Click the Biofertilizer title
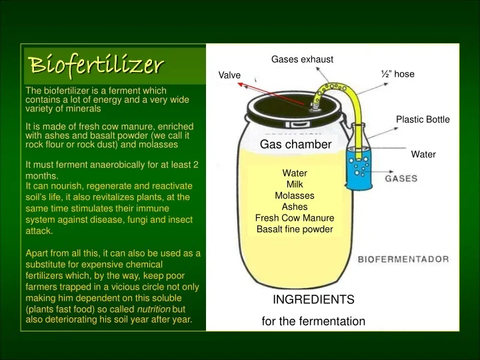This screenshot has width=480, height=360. coord(97,65)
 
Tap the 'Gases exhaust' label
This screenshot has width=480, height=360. coord(302,59)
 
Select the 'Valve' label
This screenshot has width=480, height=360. coord(230,75)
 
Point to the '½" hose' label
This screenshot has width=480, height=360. coord(397,74)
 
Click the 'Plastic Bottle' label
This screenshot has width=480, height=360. coord(423,119)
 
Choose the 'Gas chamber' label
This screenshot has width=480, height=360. coord(295,145)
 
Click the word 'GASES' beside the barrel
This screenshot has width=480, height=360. coord(401,179)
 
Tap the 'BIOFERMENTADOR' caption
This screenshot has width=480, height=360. coord(403,259)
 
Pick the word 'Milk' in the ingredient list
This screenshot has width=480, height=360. coord(295,184)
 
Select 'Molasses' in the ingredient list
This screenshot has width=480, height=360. coord(295,195)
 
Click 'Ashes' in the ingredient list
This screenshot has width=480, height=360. coord(295,207)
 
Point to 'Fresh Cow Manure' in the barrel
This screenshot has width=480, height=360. coord(295,218)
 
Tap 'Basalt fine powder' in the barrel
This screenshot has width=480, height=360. coord(295,229)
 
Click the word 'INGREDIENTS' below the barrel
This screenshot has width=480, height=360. coord(313,299)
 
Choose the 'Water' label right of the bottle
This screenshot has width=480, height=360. coord(423,154)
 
